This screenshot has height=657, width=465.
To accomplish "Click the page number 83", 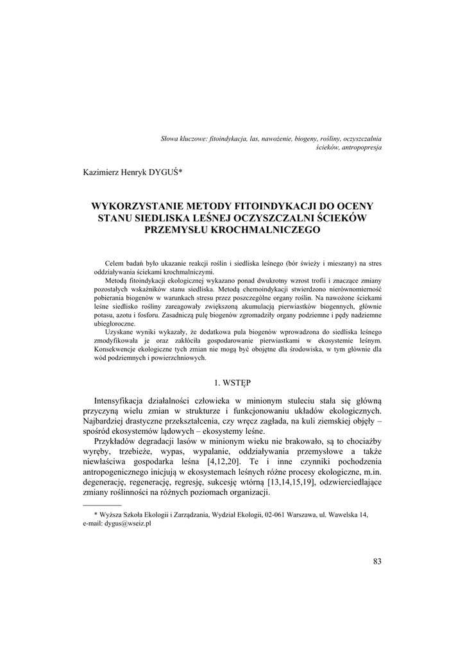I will tap(376, 561).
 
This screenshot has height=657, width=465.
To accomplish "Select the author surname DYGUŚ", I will tap(164, 171).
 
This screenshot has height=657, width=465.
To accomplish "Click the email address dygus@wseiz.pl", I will tap(127, 524).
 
